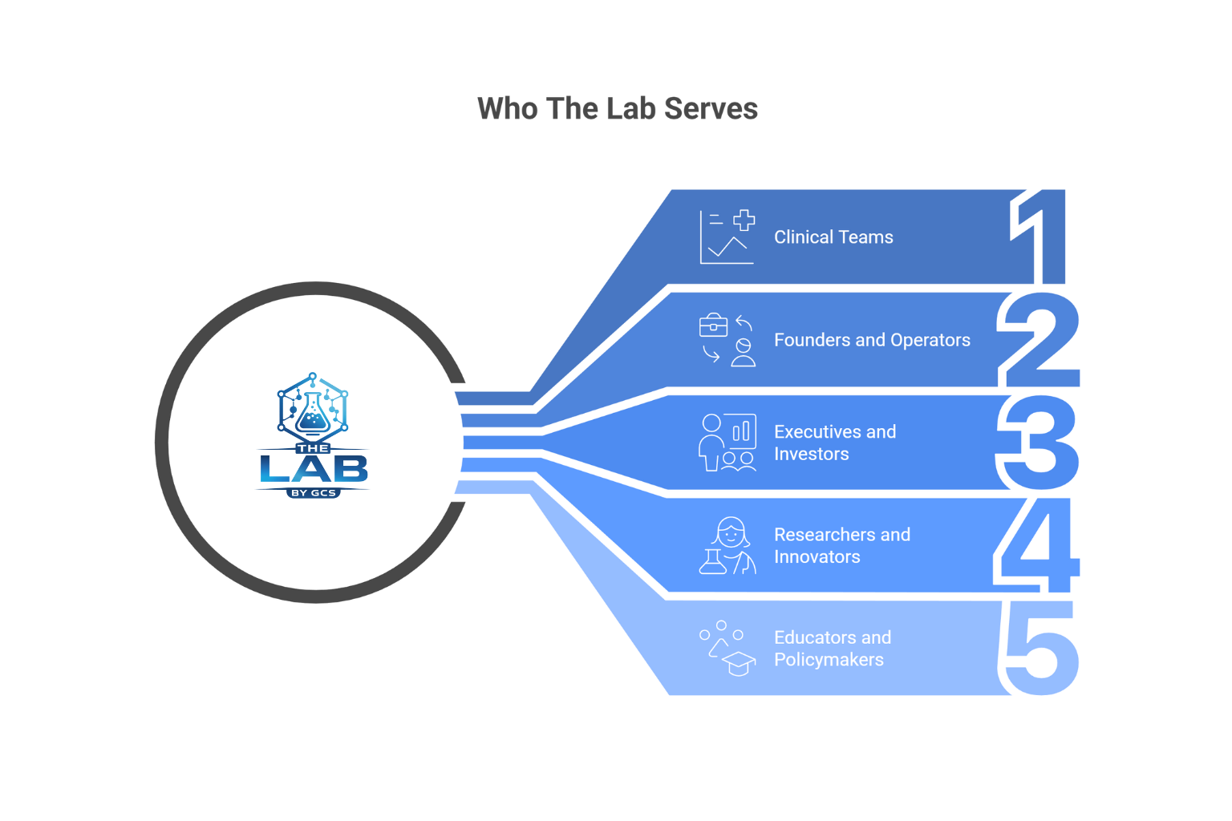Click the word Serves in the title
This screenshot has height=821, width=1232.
(x=711, y=109)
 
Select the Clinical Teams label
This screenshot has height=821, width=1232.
(x=833, y=237)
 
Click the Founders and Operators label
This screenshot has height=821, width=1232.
(x=872, y=340)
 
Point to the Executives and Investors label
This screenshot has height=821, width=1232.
(x=834, y=443)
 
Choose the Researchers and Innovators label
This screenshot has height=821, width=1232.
(x=841, y=545)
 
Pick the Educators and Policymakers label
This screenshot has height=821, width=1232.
(x=832, y=648)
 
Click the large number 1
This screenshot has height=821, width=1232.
(x=1043, y=237)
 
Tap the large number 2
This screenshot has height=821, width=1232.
(x=1039, y=340)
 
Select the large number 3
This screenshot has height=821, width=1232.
(x=1039, y=443)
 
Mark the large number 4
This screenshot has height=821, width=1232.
(x=1039, y=545)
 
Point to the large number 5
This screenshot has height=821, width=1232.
(x=1041, y=648)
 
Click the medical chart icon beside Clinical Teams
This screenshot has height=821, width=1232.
(x=727, y=237)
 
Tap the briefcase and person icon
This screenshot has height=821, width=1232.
(x=727, y=340)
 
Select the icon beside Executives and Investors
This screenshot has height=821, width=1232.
(x=727, y=443)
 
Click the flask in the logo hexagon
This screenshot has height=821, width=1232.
(x=312, y=412)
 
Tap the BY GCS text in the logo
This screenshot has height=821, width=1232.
(x=313, y=493)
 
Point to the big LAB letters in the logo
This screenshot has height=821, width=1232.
(x=313, y=469)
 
